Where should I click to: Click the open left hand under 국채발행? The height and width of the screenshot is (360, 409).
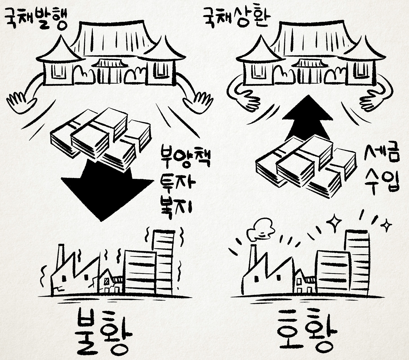click(x=22, y=103)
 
